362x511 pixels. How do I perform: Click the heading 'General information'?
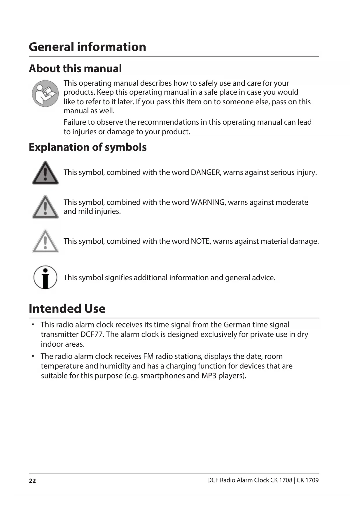tap(87, 47)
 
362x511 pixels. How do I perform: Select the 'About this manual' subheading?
tap(75, 69)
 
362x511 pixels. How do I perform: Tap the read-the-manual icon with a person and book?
tap(45, 93)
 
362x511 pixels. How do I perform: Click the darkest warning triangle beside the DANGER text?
tap(45, 173)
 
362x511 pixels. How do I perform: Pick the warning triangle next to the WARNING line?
tap(45, 207)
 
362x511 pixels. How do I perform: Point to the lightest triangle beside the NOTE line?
tap(45, 242)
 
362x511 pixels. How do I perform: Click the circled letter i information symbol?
tap(45, 277)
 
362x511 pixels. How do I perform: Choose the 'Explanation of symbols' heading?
tap(88, 147)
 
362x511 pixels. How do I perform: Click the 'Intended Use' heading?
tap(67, 309)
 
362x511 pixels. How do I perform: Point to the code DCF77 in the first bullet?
tap(92, 334)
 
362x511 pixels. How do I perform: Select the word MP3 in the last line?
tap(209, 376)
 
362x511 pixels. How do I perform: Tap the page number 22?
tap(32, 481)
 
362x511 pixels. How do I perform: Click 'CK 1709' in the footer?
tap(308, 480)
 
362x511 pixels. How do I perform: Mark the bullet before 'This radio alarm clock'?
tap(33, 324)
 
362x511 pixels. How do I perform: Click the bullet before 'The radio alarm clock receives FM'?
tap(33, 356)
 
